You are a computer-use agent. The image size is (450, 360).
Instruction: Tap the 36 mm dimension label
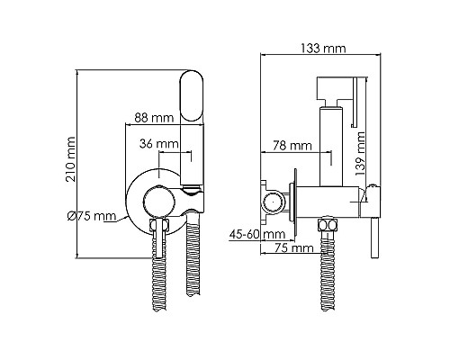pos(160,144)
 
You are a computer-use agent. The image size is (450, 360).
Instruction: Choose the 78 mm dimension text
pos(290,145)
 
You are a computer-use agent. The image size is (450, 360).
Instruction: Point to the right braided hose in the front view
pos(191,270)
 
